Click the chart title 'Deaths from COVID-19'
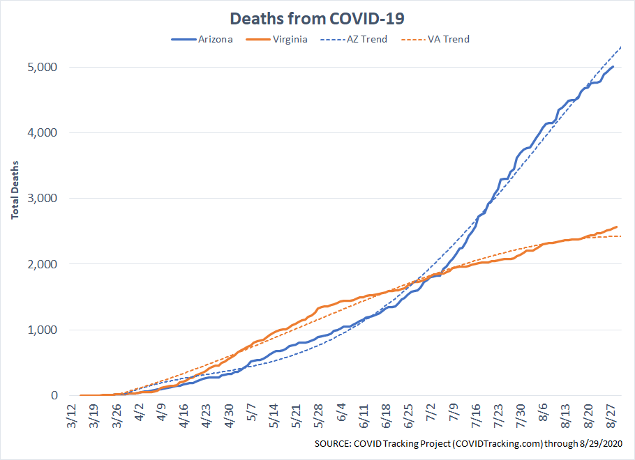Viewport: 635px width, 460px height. click(x=317, y=19)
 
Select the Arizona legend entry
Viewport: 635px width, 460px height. click(x=202, y=39)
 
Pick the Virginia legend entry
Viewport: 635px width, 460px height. click(x=276, y=39)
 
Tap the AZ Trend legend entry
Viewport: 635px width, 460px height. click(x=354, y=39)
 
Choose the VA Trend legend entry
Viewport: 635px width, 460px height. click(x=435, y=39)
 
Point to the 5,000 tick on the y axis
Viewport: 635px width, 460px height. click(x=42, y=67)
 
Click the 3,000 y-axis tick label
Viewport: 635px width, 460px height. click(x=42, y=198)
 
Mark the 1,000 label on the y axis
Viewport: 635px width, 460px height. click(x=42, y=330)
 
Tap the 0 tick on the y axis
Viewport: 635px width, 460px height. click(x=54, y=395)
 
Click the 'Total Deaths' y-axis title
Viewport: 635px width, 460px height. click(x=15, y=190)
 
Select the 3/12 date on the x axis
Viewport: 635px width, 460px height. click(x=72, y=415)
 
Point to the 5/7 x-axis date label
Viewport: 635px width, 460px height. click(x=251, y=413)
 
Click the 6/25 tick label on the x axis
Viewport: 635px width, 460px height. click(x=409, y=415)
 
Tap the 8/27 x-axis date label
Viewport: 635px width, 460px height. click(x=611, y=415)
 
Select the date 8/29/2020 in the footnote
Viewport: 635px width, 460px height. click(x=601, y=444)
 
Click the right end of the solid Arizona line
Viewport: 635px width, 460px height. click(x=613, y=66)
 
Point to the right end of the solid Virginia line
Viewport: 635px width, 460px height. click(x=617, y=227)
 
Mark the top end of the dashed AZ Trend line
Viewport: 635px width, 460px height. click(x=621, y=47)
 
